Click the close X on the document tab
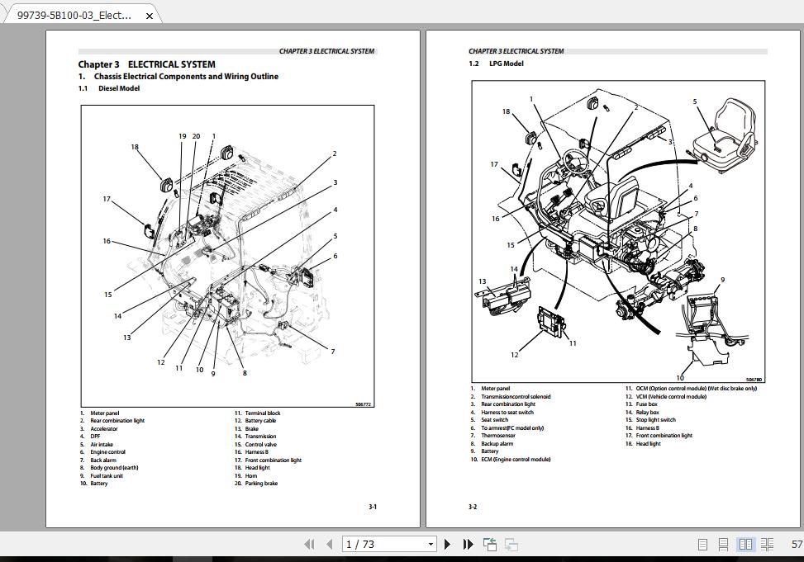click(149, 15)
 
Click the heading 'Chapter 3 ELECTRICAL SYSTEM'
click(146, 64)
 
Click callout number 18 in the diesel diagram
click(135, 148)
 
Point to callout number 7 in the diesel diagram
click(332, 352)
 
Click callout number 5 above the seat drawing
click(695, 102)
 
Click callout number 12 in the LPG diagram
click(514, 355)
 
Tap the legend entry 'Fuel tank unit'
click(107, 475)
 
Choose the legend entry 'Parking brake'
click(261, 484)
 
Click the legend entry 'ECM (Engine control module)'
click(516, 460)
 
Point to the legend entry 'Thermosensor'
click(498, 436)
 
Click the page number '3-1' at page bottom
click(373, 507)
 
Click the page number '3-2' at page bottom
click(473, 507)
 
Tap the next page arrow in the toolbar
click(447, 544)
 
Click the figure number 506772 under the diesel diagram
click(363, 404)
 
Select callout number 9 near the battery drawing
click(721, 280)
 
